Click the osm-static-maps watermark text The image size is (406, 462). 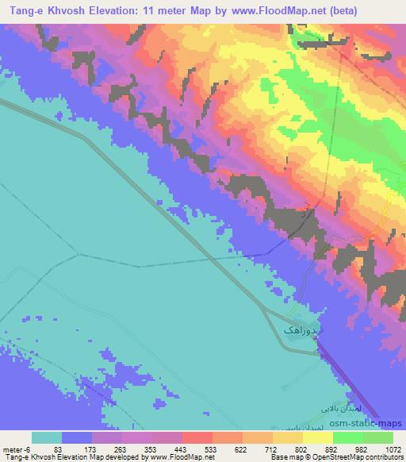(369, 422)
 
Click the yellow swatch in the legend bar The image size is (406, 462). (317, 437)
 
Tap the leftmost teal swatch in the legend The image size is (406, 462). (47, 437)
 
